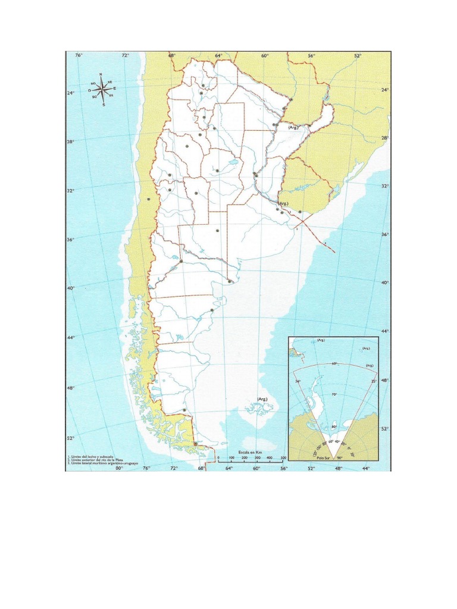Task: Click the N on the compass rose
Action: click(x=101, y=74)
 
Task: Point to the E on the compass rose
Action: click(x=115, y=89)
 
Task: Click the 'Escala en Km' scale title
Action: click(x=250, y=452)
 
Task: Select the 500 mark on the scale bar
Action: click(x=283, y=458)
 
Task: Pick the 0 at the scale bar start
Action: click(x=218, y=458)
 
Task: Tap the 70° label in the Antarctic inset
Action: click(x=334, y=394)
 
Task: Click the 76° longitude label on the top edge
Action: click(x=79, y=55)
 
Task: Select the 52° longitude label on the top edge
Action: click(x=358, y=55)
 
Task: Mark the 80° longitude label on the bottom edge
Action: click(x=118, y=468)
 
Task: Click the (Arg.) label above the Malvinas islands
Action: click(x=262, y=398)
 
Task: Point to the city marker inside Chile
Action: click(x=148, y=199)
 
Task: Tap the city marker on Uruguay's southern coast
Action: click(x=300, y=212)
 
